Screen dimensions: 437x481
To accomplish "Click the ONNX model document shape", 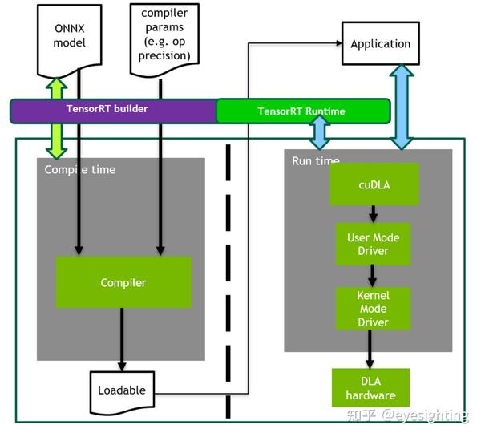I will pyautogui.click(x=69, y=36).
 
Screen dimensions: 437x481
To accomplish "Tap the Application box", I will pyautogui.click(x=380, y=44).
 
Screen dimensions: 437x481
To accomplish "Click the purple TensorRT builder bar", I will pyautogui.click(x=112, y=110).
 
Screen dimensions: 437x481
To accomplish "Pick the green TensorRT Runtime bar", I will pyautogui.click(x=303, y=111).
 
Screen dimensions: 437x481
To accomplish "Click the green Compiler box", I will pyautogui.click(x=123, y=282).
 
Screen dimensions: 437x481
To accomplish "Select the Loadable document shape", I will pyautogui.click(x=122, y=390).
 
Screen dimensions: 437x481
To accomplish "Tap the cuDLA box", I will pyautogui.click(x=374, y=184).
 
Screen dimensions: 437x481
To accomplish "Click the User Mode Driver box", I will pyautogui.click(x=373, y=245).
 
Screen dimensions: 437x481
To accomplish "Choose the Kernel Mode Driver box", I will pyautogui.click(x=373, y=309).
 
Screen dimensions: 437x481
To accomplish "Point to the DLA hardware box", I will pyautogui.click(x=370, y=388).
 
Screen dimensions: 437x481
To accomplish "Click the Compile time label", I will pyautogui.click(x=79, y=169).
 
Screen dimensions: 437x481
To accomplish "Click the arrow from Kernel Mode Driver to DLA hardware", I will pyautogui.click(x=370, y=348).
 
